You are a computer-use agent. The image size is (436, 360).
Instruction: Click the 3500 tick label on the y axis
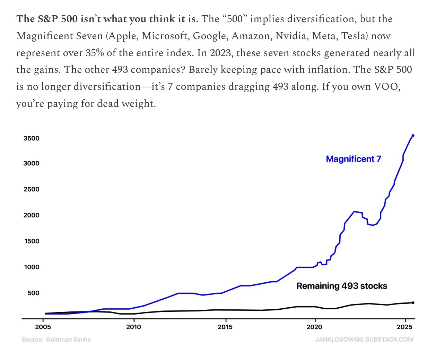31,138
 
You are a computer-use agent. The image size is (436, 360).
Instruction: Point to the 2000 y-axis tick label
31,215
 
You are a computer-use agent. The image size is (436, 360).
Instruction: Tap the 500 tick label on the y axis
33,293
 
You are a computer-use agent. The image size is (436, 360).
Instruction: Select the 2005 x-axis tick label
43,327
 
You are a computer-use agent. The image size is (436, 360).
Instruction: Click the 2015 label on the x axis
225,327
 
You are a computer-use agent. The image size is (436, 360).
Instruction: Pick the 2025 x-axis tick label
404,327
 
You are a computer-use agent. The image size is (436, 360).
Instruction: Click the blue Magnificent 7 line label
354,159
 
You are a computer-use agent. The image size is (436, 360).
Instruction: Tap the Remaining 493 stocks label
342,286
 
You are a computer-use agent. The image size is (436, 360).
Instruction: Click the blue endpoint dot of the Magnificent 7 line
413,136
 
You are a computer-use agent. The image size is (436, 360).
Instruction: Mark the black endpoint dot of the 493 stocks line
413,303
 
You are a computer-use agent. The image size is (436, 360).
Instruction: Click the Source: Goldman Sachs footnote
56,340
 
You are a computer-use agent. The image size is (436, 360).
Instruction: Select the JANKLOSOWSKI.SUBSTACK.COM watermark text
364,340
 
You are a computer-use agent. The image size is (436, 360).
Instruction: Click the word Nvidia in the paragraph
291,36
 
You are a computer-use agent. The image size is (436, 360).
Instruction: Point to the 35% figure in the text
95,53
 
